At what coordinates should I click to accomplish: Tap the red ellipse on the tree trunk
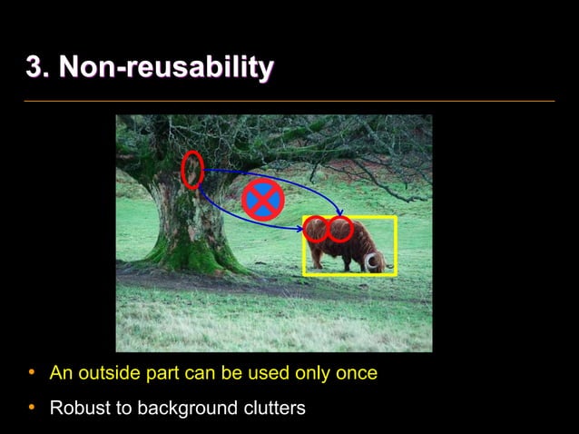[191, 170]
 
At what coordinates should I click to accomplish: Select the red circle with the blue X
[263, 200]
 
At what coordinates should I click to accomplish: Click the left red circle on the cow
[316, 229]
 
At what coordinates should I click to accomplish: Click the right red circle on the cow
[340, 229]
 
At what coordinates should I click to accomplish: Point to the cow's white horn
[373, 262]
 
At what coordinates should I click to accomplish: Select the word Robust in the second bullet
[78, 409]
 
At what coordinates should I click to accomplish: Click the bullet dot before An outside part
[32, 372]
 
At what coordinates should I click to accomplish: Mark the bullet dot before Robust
[32, 408]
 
